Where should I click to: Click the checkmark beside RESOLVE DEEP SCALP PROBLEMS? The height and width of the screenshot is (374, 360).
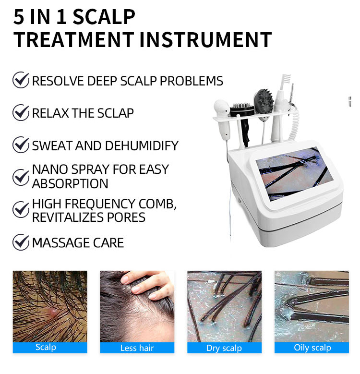click(21, 80)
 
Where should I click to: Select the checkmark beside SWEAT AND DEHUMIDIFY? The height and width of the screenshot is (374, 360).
click(21, 145)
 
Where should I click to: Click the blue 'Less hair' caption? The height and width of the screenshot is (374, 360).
click(137, 348)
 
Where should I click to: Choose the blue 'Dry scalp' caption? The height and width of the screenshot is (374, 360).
click(224, 348)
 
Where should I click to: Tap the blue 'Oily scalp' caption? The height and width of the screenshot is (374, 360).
click(312, 348)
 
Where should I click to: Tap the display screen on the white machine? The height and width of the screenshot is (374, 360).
click(294, 173)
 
